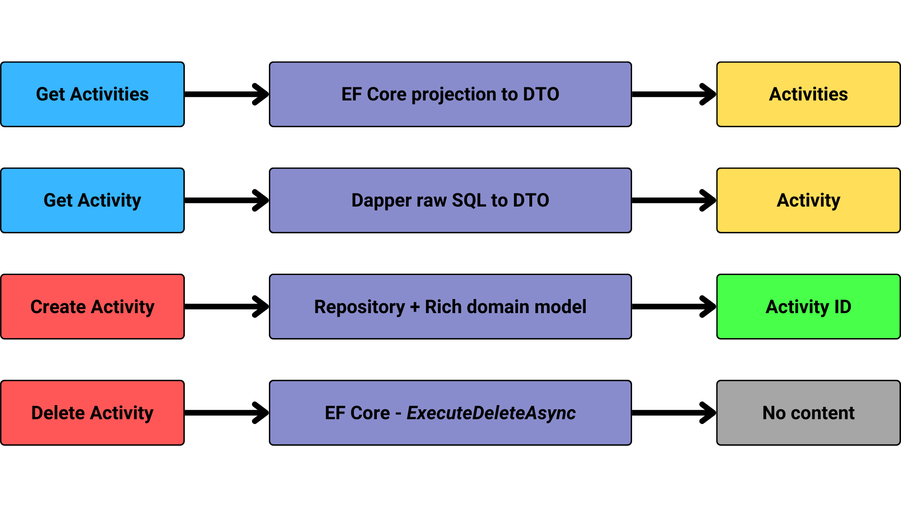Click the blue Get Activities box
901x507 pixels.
click(92, 94)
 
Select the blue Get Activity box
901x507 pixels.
click(92, 200)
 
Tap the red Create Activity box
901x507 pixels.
click(92, 307)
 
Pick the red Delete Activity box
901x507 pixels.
click(92, 413)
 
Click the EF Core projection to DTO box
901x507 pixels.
click(450, 94)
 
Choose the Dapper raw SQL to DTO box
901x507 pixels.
click(450, 200)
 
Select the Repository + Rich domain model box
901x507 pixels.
click(450, 307)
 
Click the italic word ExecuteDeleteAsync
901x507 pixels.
click(491, 413)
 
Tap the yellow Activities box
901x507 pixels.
click(808, 94)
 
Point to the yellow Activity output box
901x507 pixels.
click(808, 200)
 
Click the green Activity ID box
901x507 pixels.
click(808, 307)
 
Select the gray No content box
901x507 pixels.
click(808, 413)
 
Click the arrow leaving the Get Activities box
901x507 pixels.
click(227, 94)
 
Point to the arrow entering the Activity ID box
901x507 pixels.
click(674, 307)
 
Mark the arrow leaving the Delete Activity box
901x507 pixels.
click(227, 413)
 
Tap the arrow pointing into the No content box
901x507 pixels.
click(674, 413)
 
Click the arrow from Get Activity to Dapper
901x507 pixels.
click(227, 200)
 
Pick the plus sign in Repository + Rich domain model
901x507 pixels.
click(415, 307)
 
